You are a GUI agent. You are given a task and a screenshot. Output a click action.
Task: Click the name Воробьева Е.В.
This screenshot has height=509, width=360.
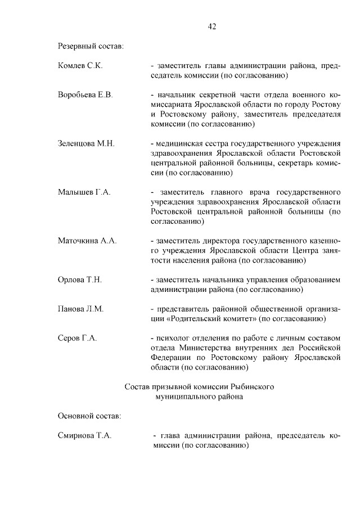[x=85, y=94]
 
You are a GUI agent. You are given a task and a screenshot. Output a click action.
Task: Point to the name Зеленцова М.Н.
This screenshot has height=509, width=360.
[x=87, y=143]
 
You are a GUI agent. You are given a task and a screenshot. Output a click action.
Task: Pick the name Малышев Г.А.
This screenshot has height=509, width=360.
[x=84, y=192]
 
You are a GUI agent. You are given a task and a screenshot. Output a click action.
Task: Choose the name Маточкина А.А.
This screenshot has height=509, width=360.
[x=87, y=241]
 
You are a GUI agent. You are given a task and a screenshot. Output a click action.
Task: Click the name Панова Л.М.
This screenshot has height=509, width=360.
[x=81, y=309]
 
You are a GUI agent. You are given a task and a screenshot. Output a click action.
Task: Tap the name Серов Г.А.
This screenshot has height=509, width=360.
[x=78, y=338]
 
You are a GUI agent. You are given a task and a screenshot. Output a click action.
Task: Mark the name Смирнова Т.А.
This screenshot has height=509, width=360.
[x=85, y=435]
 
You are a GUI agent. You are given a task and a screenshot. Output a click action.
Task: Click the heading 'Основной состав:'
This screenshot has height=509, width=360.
[x=89, y=416]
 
